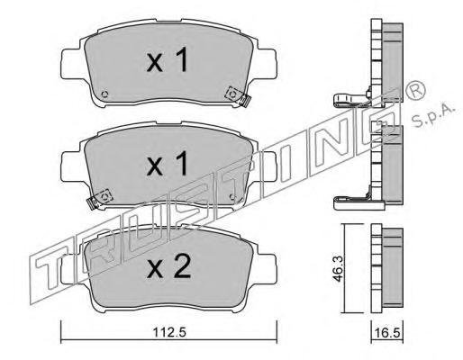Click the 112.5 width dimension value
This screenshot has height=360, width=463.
[169, 333]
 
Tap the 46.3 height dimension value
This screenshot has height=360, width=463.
[338, 268]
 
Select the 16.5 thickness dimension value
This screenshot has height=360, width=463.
[386, 333]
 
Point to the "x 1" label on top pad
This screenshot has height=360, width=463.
[168, 60]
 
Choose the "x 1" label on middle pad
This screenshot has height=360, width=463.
[168, 163]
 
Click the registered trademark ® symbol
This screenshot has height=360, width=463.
[415, 90]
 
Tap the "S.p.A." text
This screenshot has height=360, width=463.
[433, 116]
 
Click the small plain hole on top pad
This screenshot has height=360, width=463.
[104, 94]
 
